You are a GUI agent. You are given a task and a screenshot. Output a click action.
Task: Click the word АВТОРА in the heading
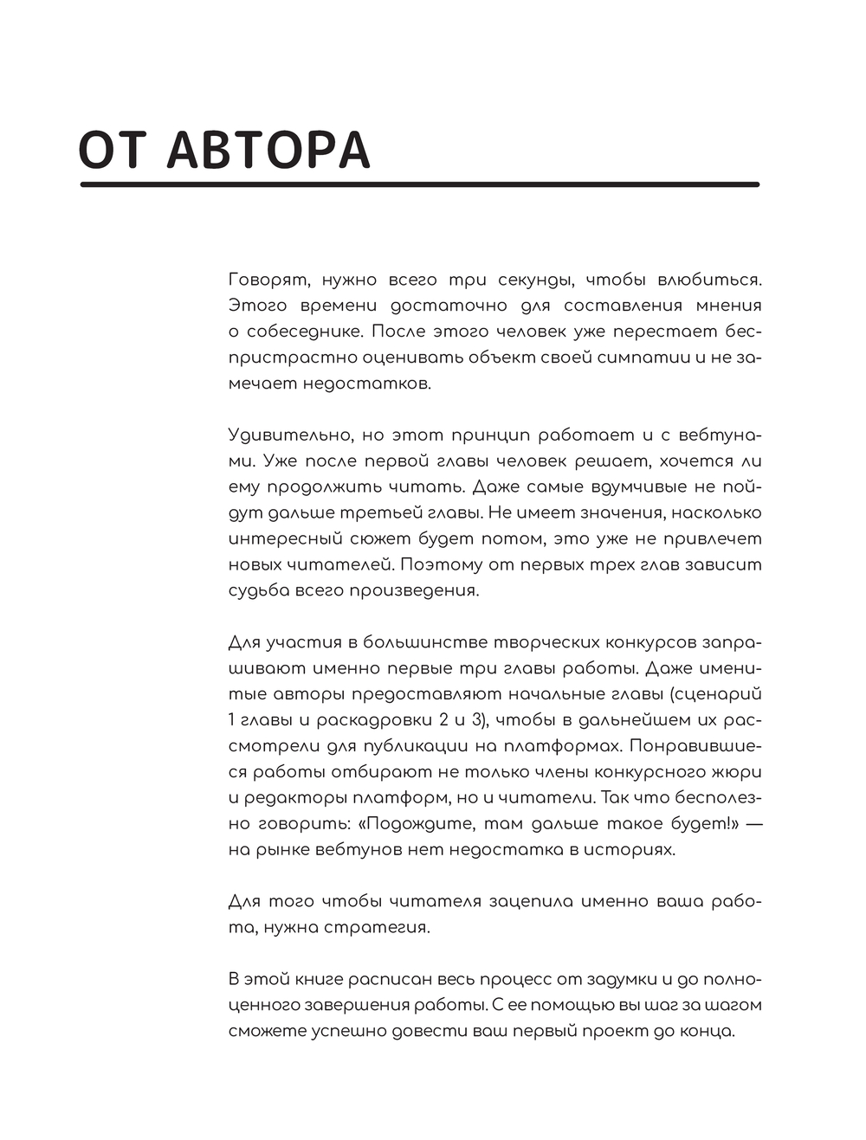pos(268,150)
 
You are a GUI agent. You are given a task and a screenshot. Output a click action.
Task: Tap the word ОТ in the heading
pos(113,150)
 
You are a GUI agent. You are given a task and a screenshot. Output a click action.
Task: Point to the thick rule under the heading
pos(419,184)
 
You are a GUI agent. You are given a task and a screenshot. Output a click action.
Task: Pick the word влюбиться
pos(709,280)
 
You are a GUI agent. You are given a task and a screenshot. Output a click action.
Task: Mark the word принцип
pos(486,435)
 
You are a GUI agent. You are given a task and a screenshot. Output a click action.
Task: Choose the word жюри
pos(740,771)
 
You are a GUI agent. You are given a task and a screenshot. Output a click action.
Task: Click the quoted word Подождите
pos(417,823)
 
